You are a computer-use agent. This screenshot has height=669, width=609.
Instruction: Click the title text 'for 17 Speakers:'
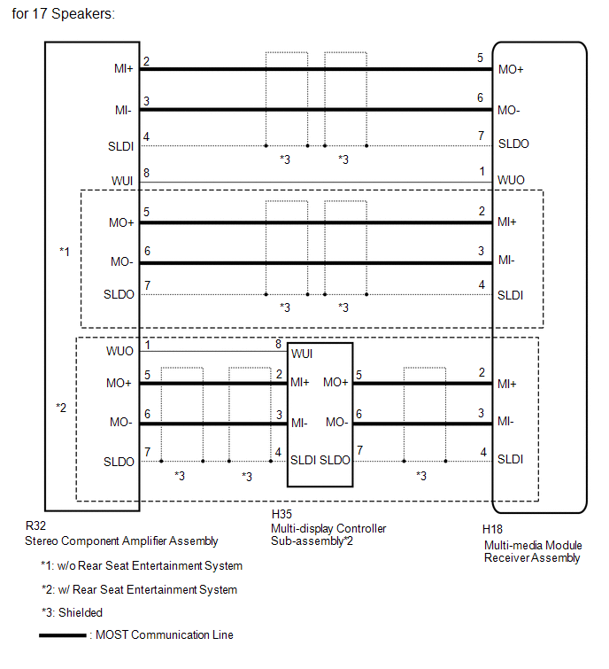click(64, 15)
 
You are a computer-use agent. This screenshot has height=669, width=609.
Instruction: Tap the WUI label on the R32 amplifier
click(123, 181)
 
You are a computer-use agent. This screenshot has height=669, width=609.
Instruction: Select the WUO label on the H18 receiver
click(511, 181)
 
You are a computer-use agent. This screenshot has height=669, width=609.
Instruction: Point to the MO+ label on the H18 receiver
click(511, 69)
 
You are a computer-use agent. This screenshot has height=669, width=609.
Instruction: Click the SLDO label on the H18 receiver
click(513, 144)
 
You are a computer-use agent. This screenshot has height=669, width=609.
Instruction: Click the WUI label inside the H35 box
click(301, 354)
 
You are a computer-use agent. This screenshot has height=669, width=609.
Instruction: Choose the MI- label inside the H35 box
click(299, 422)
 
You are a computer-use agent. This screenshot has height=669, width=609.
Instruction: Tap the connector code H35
click(282, 514)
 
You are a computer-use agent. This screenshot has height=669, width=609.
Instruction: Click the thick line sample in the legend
click(62, 635)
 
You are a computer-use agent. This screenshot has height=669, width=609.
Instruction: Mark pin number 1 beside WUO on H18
click(480, 171)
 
